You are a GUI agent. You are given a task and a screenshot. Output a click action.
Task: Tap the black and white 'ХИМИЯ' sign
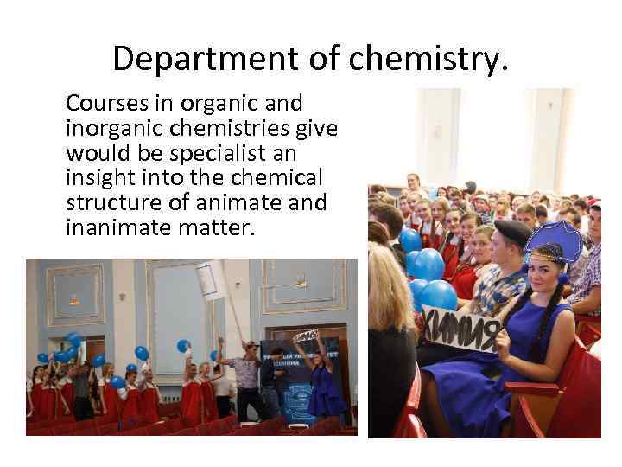pos(462,331)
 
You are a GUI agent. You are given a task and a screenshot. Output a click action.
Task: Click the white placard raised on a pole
pos(208,280)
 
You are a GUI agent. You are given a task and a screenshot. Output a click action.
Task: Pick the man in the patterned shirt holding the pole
pos(246,381)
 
